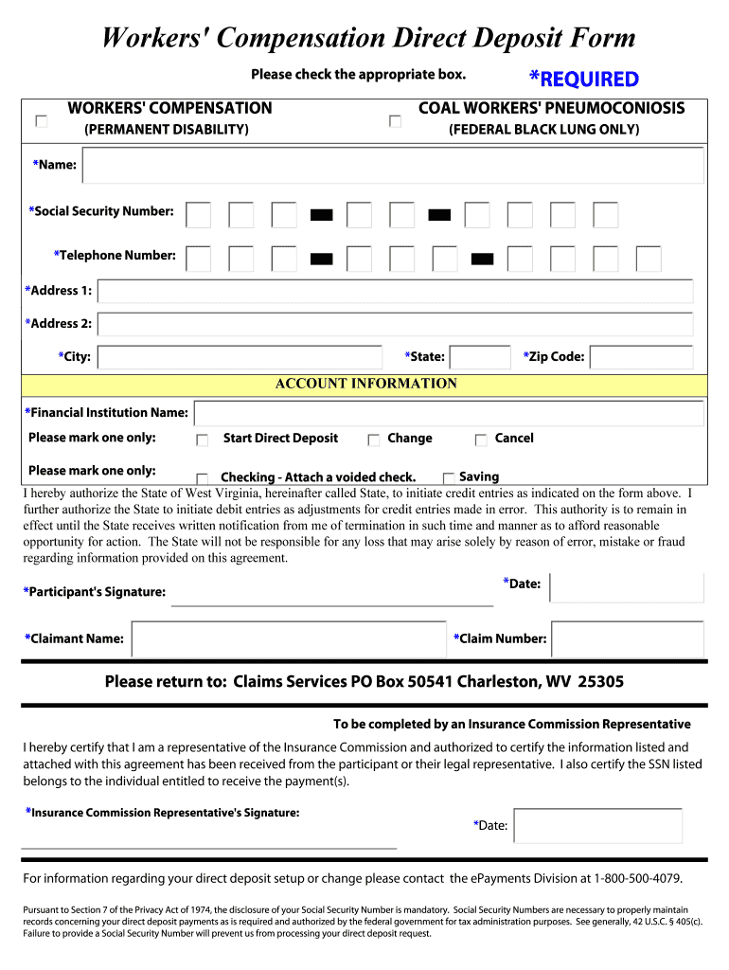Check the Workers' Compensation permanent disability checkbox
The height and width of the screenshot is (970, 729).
(41, 121)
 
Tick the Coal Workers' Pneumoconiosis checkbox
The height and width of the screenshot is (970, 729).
(396, 121)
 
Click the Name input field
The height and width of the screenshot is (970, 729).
(393, 166)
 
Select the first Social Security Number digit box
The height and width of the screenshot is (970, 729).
(199, 215)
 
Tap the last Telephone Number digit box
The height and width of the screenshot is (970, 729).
(649, 259)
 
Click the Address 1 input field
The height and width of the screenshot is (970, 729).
(396, 292)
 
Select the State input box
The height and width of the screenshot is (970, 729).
(479, 357)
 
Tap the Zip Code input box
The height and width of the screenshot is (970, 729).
(642, 357)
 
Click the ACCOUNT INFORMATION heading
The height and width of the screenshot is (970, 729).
(365, 384)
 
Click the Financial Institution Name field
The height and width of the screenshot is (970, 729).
(449, 413)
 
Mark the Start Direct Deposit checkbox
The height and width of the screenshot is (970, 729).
(203, 440)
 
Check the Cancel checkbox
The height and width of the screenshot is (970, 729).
(481, 440)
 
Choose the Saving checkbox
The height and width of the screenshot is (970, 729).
(449, 478)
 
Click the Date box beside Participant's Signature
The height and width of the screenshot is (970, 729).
(627, 587)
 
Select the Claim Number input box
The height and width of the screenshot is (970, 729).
(628, 639)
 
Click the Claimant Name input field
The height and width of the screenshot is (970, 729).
(289, 639)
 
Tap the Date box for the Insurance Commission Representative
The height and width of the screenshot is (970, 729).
(597, 825)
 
